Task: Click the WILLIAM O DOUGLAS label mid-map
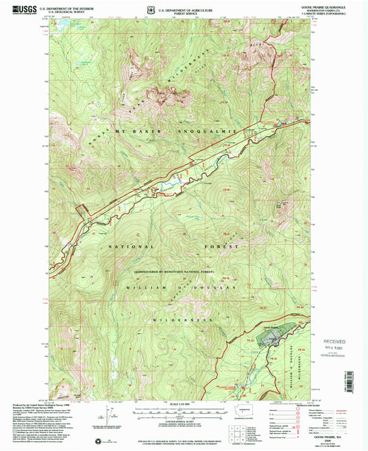point(181,285)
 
